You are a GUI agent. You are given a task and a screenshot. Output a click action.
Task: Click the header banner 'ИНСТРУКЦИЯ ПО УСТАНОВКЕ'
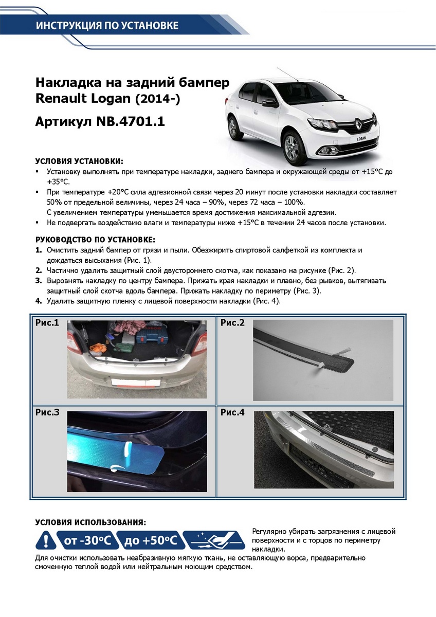pos(107,25)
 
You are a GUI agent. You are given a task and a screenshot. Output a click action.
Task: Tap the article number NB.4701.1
pos(131,122)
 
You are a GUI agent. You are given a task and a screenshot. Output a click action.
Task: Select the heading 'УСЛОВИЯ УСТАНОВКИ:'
pos(79,161)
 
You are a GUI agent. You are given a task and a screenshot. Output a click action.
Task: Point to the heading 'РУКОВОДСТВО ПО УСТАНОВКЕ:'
pos(95,240)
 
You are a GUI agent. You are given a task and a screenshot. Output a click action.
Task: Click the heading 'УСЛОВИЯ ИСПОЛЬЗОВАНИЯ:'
pos(90,522)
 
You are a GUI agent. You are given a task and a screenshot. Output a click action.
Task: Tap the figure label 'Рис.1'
pos(47,323)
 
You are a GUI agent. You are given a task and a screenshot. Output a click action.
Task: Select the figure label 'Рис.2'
pos(232,323)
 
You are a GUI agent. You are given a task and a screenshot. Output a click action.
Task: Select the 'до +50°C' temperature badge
pos(149,540)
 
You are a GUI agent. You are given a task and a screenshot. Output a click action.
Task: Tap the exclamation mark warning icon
pos(46,540)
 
